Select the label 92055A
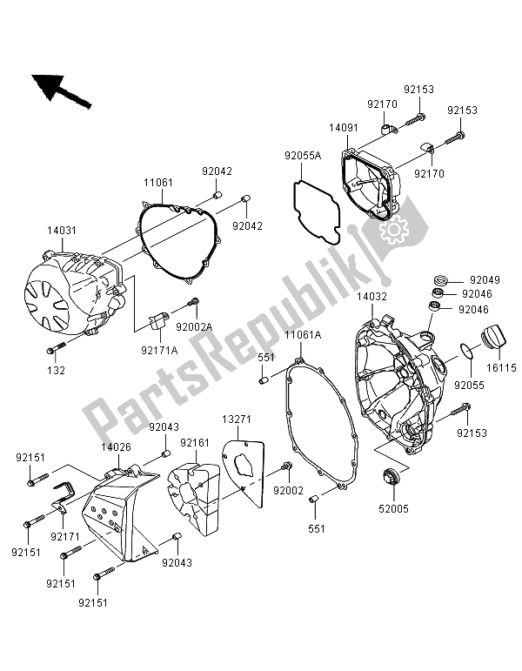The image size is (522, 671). pos(300,157)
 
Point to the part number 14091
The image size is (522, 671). pos(342,127)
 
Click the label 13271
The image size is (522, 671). pos(234,419)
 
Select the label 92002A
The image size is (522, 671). pos(194,327)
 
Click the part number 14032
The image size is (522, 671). pos(371,297)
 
